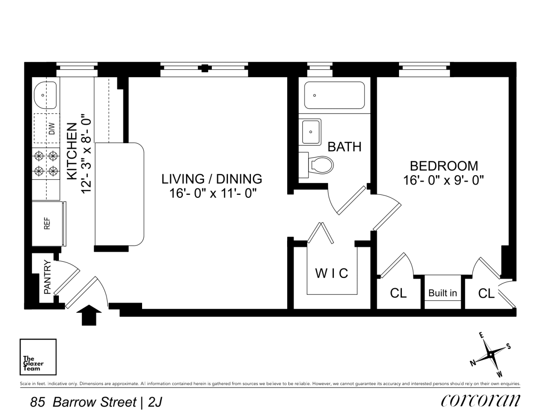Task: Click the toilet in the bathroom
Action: [x=317, y=165]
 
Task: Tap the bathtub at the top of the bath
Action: [x=334, y=95]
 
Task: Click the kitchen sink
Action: [x=45, y=95]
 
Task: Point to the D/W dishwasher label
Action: [x=52, y=129]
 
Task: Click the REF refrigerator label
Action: [x=47, y=223]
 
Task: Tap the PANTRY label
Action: [x=48, y=277]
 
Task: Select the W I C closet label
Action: [x=332, y=273]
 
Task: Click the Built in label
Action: [x=443, y=293]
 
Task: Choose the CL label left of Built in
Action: [x=398, y=293]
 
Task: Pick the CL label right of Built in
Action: [x=486, y=294]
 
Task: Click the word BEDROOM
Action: [x=444, y=166]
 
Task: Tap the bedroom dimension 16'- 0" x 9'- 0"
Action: [x=444, y=181]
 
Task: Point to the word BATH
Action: [x=344, y=147]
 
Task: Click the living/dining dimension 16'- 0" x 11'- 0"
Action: [x=213, y=193]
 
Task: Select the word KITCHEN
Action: [x=72, y=151]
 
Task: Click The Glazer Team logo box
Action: [x=38, y=357]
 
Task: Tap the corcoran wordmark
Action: [x=481, y=401]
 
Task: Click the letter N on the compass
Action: [x=473, y=363]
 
